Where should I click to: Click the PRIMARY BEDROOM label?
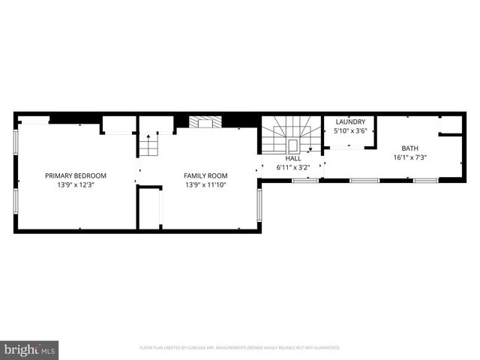(75, 175)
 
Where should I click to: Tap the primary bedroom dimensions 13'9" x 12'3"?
(75, 184)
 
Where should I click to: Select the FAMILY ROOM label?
(205, 175)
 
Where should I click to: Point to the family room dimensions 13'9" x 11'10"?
(205, 184)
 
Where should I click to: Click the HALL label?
(292, 158)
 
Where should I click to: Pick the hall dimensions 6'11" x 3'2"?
(292, 166)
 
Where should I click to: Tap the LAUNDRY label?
(350, 121)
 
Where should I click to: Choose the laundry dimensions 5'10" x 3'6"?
(350, 131)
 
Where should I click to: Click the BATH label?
(409, 148)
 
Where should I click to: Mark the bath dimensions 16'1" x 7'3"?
(409, 157)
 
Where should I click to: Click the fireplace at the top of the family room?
(201, 121)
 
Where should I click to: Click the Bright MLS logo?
(30, 349)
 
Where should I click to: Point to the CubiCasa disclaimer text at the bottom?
(240, 347)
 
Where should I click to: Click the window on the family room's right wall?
(259, 208)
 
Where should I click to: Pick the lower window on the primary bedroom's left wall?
(15, 208)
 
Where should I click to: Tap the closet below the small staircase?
(150, 208)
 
